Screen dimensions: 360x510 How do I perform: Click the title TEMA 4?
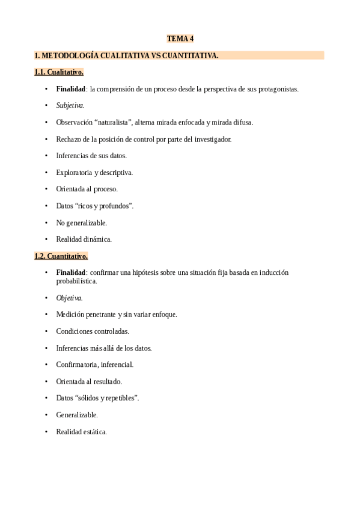point(180,39)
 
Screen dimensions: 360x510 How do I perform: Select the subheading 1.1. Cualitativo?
point(59,72)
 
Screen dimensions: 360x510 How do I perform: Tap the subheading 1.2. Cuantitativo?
point(61,256)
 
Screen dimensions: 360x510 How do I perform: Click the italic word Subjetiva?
point(70,105)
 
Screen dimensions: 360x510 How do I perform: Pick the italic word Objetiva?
point(69,298)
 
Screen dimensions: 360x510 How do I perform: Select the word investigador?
point(210,139)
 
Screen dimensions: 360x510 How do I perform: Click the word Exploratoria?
point(75,173)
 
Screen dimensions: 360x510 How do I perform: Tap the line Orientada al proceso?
point(87,189)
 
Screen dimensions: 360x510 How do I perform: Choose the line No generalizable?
point(81,223)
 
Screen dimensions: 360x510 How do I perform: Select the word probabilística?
point(76,281)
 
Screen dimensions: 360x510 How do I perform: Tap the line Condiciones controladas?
point(93,331)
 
